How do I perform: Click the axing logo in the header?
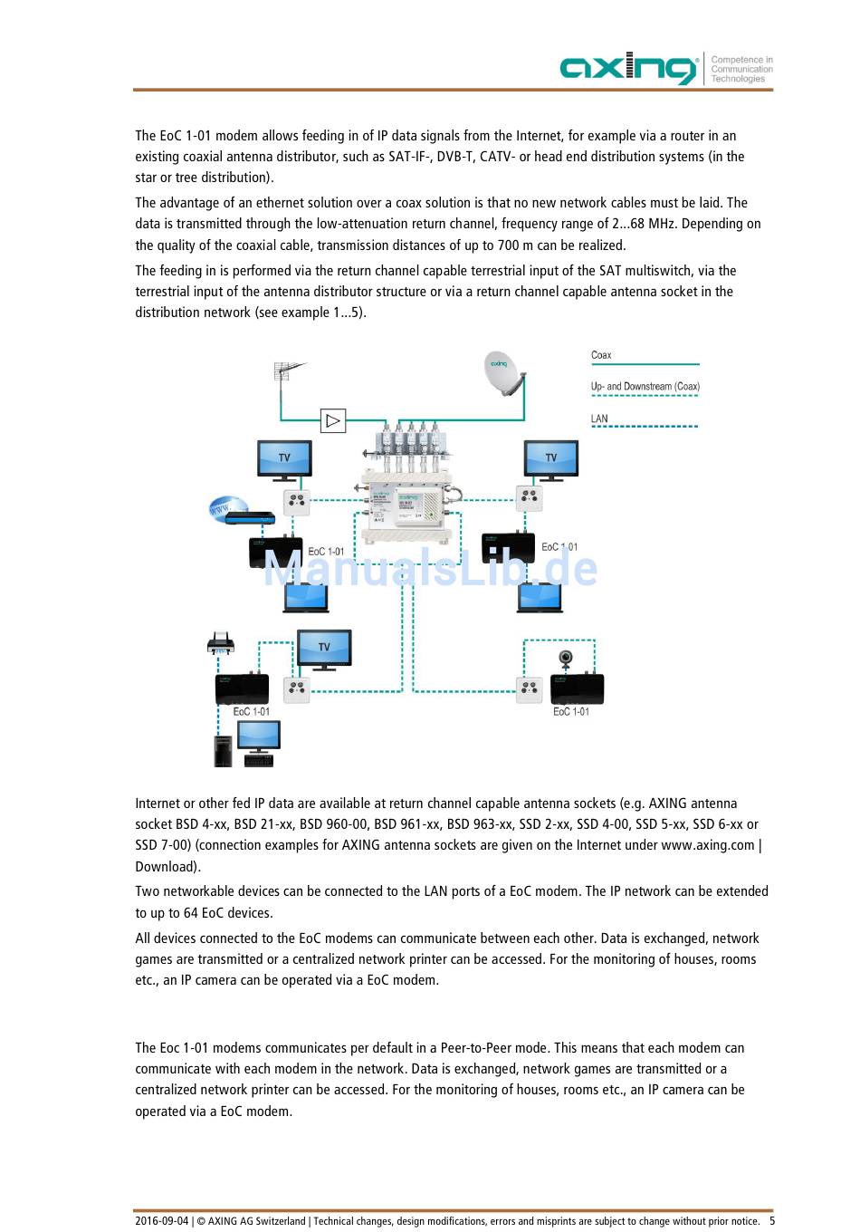[628, 68]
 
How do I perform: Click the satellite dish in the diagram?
[504, 373]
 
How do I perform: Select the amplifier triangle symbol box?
[333, 420]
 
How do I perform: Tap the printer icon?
[221, 642]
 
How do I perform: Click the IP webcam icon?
[566, 659]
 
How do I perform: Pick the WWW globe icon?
[227, 507]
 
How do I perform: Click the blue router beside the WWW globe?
[250, 517]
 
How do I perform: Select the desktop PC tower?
[223, 751]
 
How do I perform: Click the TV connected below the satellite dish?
[550, 460]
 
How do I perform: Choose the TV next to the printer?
[324, 650]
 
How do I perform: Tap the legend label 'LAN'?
[599, 418]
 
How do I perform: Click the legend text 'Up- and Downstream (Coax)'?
[645, 386]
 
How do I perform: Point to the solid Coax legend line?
[645, 364]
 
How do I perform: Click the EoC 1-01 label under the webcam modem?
[571, 711]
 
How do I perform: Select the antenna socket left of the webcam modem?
[530, 689]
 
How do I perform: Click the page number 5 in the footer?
[771, 1220]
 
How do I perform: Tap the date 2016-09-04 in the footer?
[161, 1221]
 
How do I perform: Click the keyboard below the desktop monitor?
[258, 761]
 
